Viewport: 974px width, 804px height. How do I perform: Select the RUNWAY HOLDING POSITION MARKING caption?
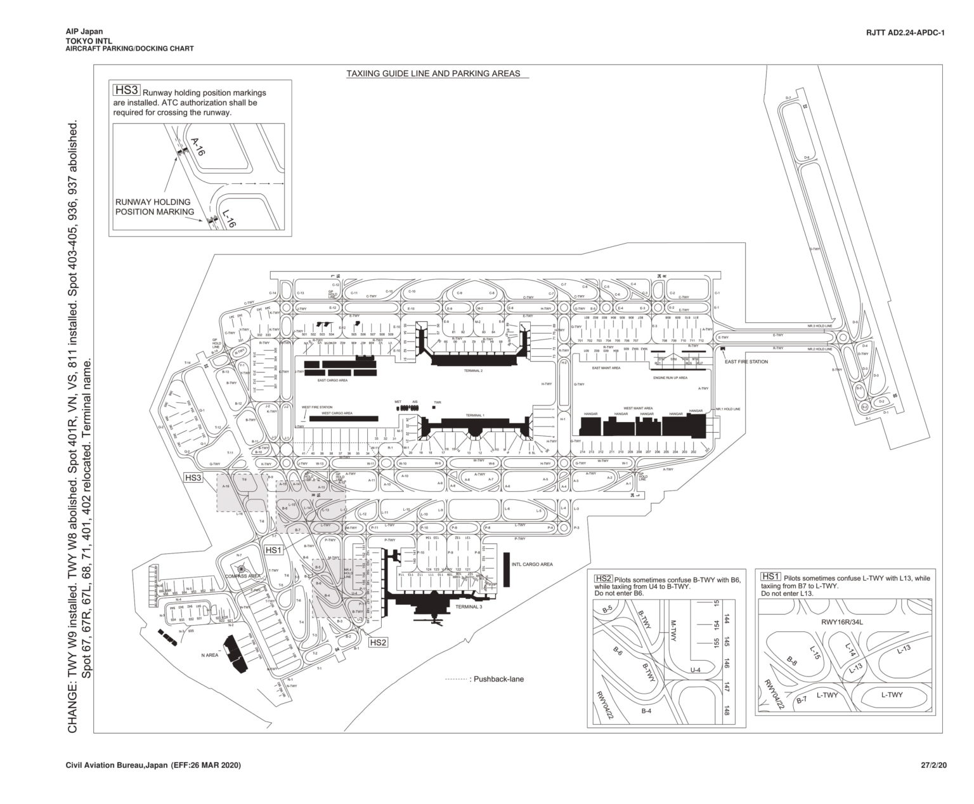(x=154, y=207)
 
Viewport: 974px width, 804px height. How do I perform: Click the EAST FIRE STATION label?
(x=746, y=362)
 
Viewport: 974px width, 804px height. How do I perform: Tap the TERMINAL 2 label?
(x=473, y=370)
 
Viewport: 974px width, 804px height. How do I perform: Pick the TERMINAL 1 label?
(x=475, y=414)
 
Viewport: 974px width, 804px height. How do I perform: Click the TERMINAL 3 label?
(x=468, y=607)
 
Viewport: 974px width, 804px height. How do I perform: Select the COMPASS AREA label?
(x=243, y=576)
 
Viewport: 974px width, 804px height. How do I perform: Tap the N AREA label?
(x=209, y=655)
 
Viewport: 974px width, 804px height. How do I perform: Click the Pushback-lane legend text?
(x=497, y=679)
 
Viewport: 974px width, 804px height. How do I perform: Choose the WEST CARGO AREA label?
(x=337, y=413)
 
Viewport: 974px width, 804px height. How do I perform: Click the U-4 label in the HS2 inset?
(x=695, y=669)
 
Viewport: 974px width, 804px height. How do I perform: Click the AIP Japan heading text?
(x=84, y=32)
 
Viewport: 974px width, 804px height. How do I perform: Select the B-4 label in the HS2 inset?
(x=646, y=711)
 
